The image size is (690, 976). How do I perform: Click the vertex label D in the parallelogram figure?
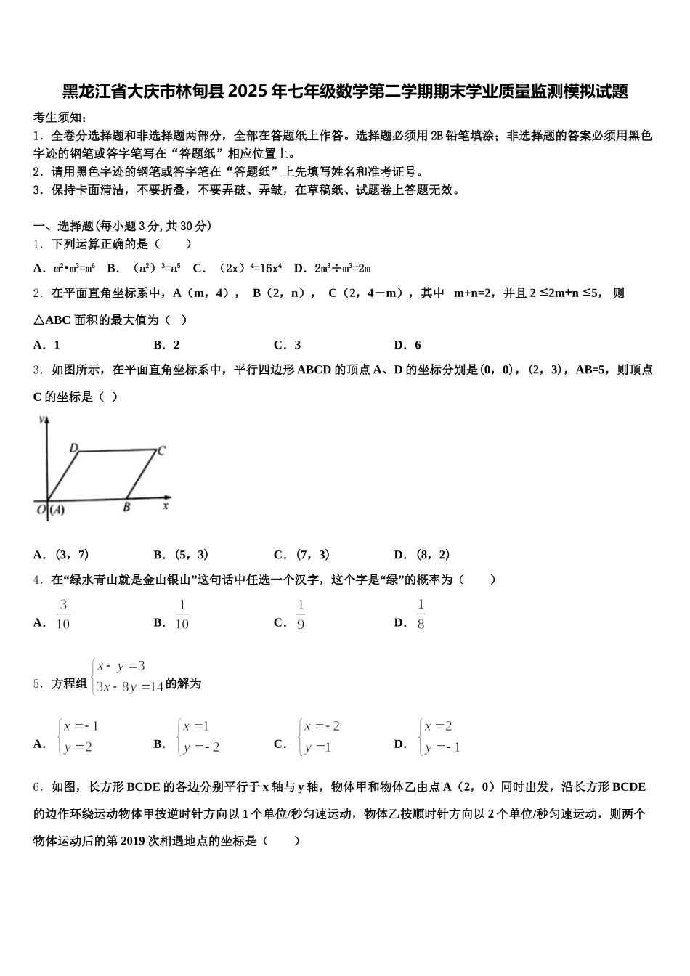click(x=74, y=448)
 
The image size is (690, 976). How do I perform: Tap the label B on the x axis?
click(x=126, y=507)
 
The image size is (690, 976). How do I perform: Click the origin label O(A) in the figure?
click(x=51, y=510)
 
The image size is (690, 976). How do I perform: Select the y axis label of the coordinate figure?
click(x=44, y=420)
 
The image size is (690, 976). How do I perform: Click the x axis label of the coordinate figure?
click(x=166, y=505)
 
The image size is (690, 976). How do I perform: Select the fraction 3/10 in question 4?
click(x=63, y=614)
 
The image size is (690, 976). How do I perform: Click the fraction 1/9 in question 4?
click(x=301, y=614)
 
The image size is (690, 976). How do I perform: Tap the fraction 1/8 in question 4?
click(x=421, y=614)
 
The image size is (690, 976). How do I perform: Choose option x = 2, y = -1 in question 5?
click(x=440, y=736)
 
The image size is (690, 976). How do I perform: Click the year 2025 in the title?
click(x=248, y=91)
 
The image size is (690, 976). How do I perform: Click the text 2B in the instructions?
click(x=437, y=135)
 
